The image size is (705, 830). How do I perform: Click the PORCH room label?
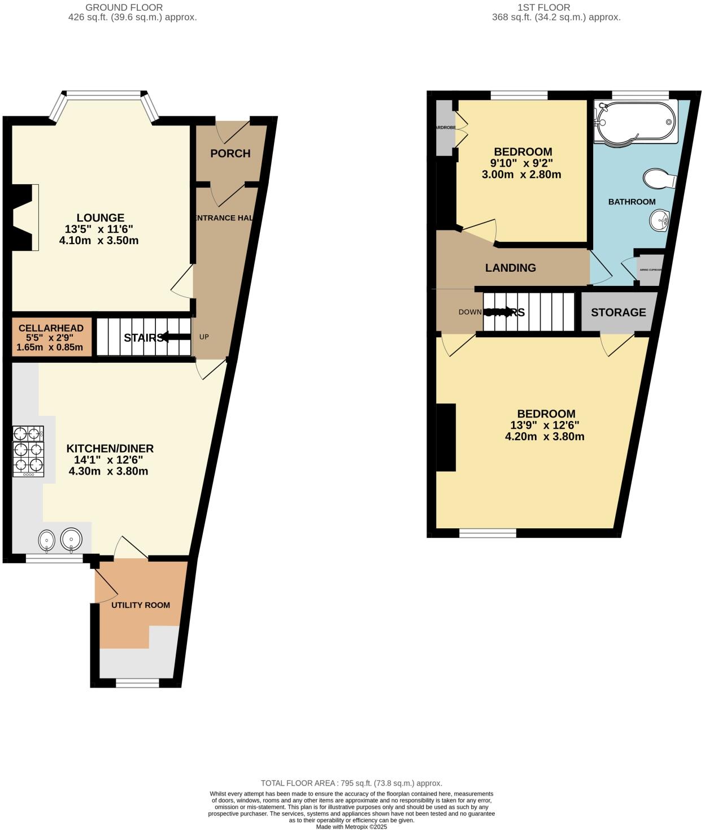(230, 154)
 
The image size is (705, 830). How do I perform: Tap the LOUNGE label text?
(101, 218)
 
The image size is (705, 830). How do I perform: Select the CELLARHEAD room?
(51, 338)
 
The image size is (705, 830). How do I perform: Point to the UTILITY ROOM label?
(141, 605)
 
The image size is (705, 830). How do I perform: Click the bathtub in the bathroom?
(636, 121)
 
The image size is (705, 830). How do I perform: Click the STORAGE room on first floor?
(619, 312)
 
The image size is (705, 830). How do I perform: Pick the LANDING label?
(511, 268)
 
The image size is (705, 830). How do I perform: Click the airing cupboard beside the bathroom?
(649, 270)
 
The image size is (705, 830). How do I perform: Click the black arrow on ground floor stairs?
(174, 337)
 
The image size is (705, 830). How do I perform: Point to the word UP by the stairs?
(204, 337)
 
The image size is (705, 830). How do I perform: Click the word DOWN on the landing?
(470, 312)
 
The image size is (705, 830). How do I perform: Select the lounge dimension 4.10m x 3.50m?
(99, 241)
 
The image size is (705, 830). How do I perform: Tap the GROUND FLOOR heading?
(124, 7)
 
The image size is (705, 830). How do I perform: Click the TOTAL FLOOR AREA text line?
(351, 783)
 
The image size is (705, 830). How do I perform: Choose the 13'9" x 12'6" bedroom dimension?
(545, 425)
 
